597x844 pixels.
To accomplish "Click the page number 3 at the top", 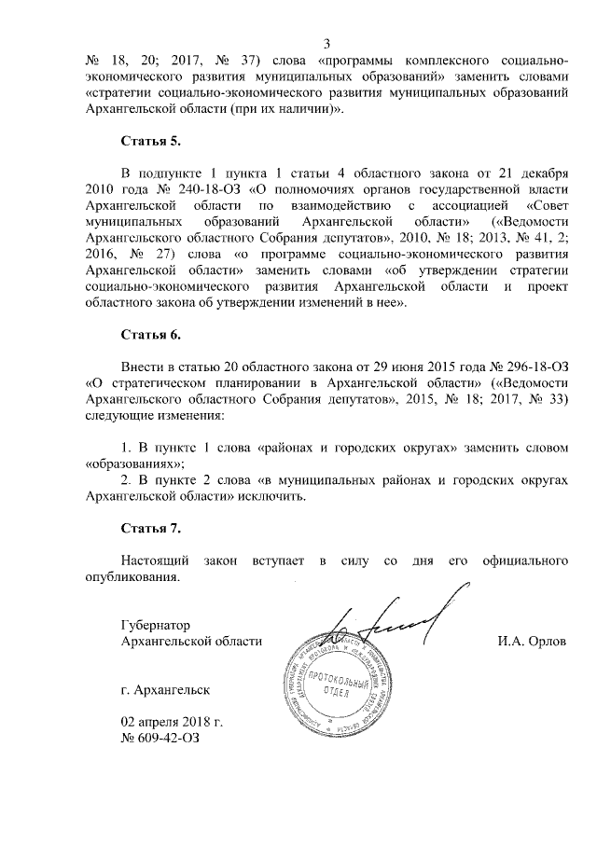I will pyautogui.click(x=326, y=42).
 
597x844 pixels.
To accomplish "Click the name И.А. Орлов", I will pyautogui.click(x=533, y=642).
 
